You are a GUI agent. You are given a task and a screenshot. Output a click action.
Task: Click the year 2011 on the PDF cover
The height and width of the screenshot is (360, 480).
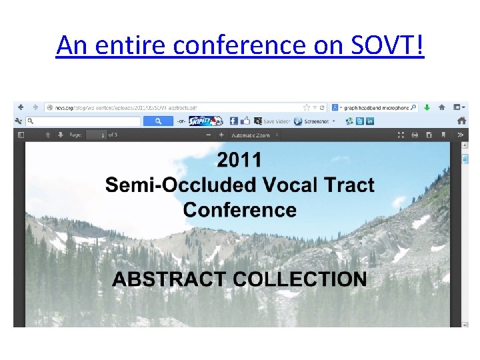pyautogui.click(x=239, y=160)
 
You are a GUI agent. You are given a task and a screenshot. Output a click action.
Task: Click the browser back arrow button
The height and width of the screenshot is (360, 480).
pyautogui.click(x=21, y=107)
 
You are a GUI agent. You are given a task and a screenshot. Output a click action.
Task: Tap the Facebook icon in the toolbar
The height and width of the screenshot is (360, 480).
pyautogui.click(x=233, y=121)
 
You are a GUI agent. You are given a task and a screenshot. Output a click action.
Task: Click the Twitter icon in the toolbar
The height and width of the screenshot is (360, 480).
pyautogui.click(x=349, y=121)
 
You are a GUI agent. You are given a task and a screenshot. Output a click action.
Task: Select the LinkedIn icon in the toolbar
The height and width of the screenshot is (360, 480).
pyautogui.click(x=370, y=121)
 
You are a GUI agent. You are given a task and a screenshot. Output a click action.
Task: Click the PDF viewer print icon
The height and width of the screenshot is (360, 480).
pyautogui.click(x=415, y=135)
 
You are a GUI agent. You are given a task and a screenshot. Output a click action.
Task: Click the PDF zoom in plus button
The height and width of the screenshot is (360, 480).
pyautogui.click(x=221, y=135)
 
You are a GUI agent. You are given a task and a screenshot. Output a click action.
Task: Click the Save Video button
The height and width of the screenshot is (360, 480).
pyautogui.click(x=273, y=121)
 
